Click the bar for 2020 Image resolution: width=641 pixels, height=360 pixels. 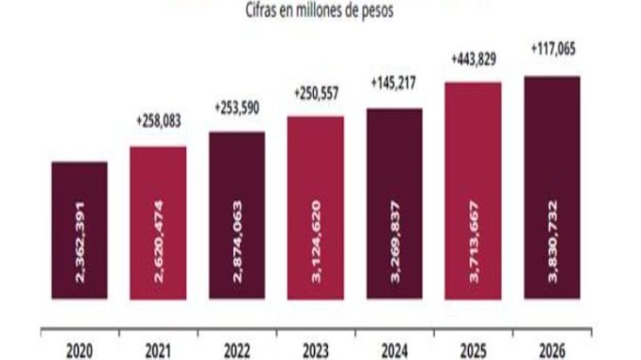79,230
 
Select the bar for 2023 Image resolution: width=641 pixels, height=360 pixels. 316,208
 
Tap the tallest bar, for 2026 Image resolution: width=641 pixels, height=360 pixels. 552,188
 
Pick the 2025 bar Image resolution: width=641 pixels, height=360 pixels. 473,191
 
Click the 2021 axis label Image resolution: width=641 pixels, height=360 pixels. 158,351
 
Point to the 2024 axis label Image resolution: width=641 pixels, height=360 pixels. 394,351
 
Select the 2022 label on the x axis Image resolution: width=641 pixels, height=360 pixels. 237,351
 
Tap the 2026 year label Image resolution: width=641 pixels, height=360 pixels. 552,351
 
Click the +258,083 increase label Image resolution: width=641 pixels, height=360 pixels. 159,121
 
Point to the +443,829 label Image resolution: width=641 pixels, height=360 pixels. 474,60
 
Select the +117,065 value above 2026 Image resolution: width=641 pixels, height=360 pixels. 553,49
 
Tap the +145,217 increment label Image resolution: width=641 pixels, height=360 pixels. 393,83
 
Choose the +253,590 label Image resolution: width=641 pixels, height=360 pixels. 237,108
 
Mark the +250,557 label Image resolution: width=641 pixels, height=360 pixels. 317,94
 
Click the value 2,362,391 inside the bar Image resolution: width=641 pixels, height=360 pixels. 80,242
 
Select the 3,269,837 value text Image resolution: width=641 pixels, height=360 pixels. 395,242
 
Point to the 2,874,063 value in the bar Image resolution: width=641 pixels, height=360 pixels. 237,242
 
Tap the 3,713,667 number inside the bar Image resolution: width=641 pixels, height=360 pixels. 474,242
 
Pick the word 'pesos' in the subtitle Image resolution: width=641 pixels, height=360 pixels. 378,11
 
